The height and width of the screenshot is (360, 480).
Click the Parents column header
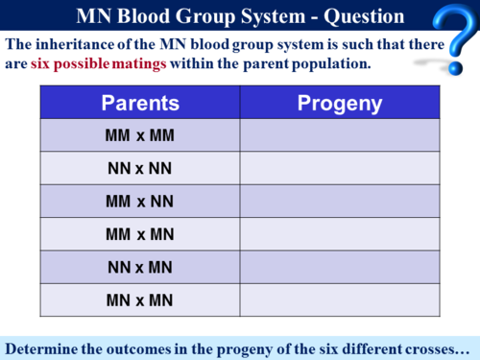tap(140, 103)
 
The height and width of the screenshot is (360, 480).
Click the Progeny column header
tap(340, 103)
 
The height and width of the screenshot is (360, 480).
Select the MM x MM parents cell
tap(140, 135)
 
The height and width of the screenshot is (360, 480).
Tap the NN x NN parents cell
tap(140, 168)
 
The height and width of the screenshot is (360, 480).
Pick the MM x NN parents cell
tap(140, 202)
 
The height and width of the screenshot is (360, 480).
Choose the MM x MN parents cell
tap(140, 234)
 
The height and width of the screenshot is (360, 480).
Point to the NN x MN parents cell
tap(140, 267)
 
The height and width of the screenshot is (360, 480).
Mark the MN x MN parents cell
tap(140, 300)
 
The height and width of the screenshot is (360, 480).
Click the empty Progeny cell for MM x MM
tap(340, 135)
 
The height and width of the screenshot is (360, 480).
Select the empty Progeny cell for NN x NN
tap(340, 168)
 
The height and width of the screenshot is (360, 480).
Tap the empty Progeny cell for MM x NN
tap(340, 202)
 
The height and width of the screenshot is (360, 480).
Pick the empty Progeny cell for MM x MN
tap(340, 234)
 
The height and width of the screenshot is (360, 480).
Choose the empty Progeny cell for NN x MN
tap(340, 267)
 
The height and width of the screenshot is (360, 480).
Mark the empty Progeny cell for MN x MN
tap(340, 300)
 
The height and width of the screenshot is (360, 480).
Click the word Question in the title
tap(351, 14)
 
